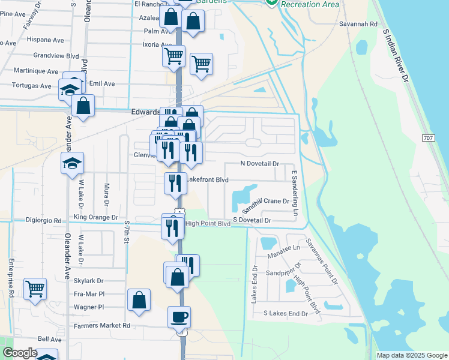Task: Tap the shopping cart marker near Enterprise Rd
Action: tap(35, 289)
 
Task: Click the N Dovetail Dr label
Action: tap(260, 163)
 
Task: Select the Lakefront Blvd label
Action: tap(208, 179)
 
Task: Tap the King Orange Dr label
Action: tap(96, 217)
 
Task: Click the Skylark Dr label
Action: tap(89, 281)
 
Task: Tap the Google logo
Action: tap(20, 353)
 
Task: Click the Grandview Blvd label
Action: tap(56, 55)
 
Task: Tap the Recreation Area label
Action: tap(310, 5)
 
